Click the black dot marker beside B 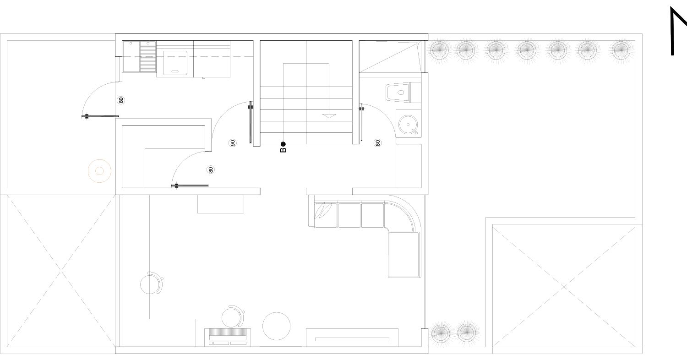point(283,144)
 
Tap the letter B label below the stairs point(283,150)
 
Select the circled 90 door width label point(233,143)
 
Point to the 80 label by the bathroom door point(377,143)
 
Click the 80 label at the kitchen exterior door point(121,100)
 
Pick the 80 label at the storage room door point(210,169)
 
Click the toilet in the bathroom point(398,92)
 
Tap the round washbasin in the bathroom point(408,125)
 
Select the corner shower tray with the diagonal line point(389,57)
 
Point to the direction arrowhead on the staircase point(329,116)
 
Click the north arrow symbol point(678,31)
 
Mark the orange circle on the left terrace point(99,171)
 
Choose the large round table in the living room point(276,326)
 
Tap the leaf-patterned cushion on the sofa point(326,215)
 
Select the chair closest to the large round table point(234,316)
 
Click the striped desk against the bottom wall point(228,338)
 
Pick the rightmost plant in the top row point(621,50)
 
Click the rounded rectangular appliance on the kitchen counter point(175,63)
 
